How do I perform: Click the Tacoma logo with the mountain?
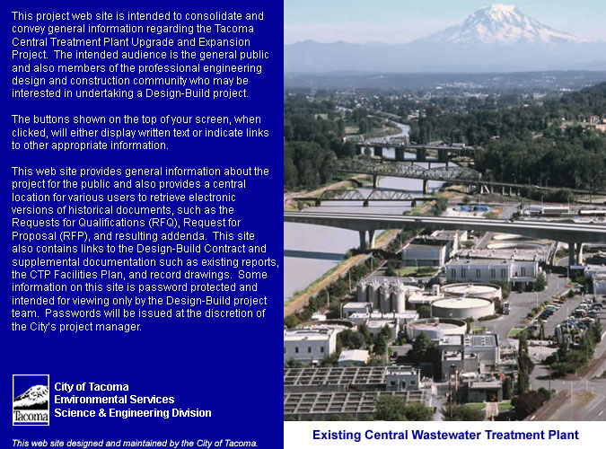click(31, 400)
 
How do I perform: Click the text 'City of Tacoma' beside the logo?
click(92, 387)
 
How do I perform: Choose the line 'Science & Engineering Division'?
click(133, 413)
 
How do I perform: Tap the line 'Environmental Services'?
click(114, 400)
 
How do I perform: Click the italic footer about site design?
click(135, 444)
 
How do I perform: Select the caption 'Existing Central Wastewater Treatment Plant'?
click(445, 435)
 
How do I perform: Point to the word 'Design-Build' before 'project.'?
click(179, 93)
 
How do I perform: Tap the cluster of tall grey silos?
click(381, 295)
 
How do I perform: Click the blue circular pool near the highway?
click(472, 209)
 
